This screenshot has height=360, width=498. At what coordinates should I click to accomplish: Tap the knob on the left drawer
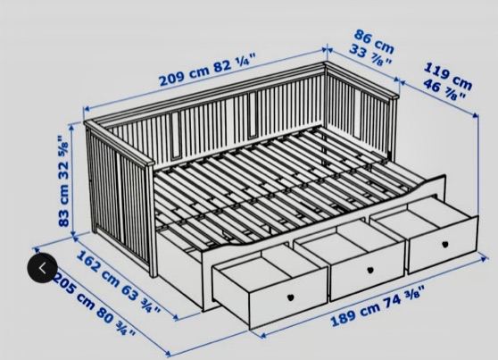click(x=290, y=297)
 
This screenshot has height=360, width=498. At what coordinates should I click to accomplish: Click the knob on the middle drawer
click(x=370, y=271)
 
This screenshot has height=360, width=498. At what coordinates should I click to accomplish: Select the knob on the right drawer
click(x=445, y=244)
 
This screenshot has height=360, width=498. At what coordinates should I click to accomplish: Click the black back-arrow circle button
click(x=43, y=268)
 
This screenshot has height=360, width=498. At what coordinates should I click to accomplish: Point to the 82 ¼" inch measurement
click(x=235, y=63)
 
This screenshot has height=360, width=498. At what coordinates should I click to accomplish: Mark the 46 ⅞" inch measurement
click(x=444, y=90)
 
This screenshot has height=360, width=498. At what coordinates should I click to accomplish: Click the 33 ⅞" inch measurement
click(x=369, y=56)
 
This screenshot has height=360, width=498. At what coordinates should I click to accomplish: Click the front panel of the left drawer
click(x=288, y=298)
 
